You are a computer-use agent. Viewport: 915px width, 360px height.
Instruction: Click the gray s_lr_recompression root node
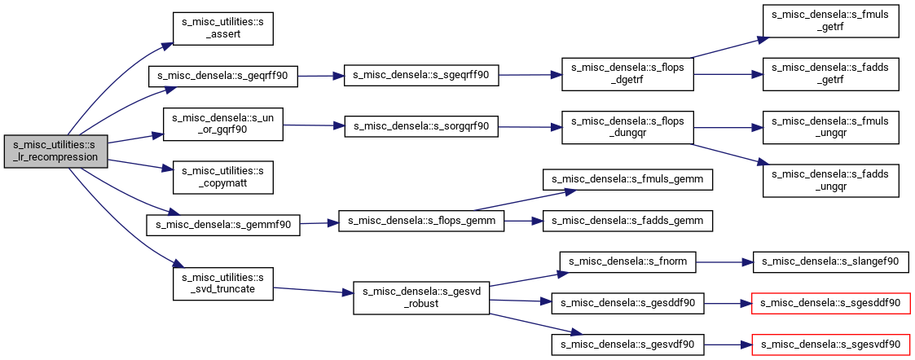click(55, 151)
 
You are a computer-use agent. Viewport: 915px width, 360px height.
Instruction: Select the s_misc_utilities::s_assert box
click(223, 28)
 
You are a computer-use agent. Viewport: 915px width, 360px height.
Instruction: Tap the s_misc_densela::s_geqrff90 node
click(223, 77)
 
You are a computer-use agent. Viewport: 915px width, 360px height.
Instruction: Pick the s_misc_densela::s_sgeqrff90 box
click(420, 76)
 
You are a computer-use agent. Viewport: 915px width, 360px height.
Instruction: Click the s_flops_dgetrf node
click(627, 74)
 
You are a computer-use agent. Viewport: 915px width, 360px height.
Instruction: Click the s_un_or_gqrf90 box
click(223, 124)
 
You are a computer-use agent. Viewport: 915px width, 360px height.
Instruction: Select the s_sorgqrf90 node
click(420, 126)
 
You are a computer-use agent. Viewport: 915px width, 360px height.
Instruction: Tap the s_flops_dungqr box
click(627, 127)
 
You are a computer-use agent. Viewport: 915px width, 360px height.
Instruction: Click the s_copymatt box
click(223, 177)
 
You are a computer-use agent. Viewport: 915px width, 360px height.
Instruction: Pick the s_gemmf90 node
click(223, 225)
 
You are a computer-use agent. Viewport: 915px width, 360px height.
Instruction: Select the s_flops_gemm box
click(420, 222)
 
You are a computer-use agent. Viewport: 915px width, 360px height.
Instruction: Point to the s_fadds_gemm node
click(627, 222)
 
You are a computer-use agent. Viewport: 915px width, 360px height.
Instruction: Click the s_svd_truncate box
click(223, 283)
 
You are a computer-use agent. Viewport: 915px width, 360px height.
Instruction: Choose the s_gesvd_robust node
click(420, 297)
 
